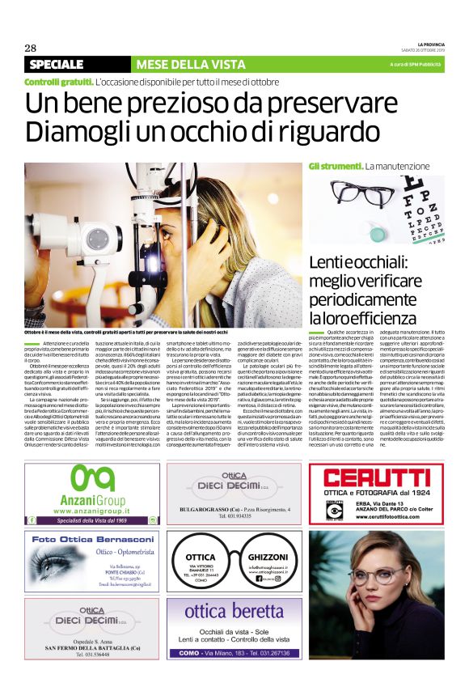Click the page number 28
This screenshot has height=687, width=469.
[30, 46]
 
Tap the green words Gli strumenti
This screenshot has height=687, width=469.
[335, 166]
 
